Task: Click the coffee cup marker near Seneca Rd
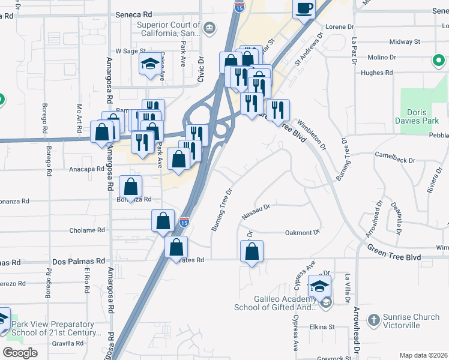(304, 9)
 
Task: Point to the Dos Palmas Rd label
(79, 262)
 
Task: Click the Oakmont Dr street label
(302, 232)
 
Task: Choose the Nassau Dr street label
(256, 210)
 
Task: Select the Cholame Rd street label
(87, 230)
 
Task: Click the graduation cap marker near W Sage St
(149, 64)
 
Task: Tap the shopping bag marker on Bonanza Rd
(130, 187)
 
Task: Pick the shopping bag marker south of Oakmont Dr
(252, 251)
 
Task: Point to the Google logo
(20, 353)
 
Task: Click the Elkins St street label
(322, 327)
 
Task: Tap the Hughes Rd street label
(376, 73)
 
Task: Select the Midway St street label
(405, 42)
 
